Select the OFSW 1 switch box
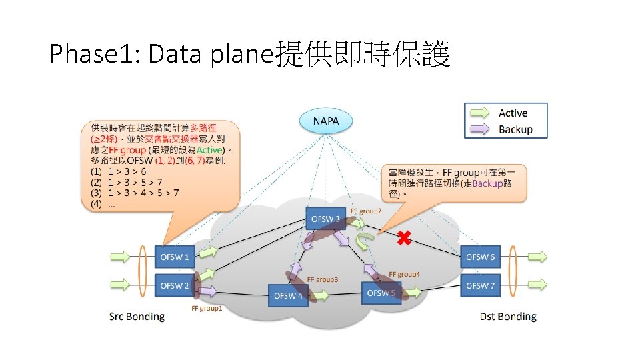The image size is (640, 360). (x=175, y=257)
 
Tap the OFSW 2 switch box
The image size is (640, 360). (x=175, y=285)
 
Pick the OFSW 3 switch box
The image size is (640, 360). (x=326, y=219)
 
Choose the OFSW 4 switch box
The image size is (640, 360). (x=288, y=295)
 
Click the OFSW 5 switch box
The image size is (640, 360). (x=381, y=293)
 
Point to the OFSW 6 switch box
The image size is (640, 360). (x=480, y=257)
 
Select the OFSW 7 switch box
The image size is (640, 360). (x=480, y=285)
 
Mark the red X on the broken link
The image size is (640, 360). (x=403, y=238)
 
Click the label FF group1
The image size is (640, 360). (x=207, y=309)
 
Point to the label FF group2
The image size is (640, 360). (x=366, y=211)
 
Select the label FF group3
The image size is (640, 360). (x=322, y=279)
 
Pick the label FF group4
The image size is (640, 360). (x=404, y=274)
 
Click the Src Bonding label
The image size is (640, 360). (x=137, y=316)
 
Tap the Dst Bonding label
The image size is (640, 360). (x=508, y=316)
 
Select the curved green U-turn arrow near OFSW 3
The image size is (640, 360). (x=365, y=241)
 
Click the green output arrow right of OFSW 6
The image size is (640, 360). (x=535, y=257)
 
